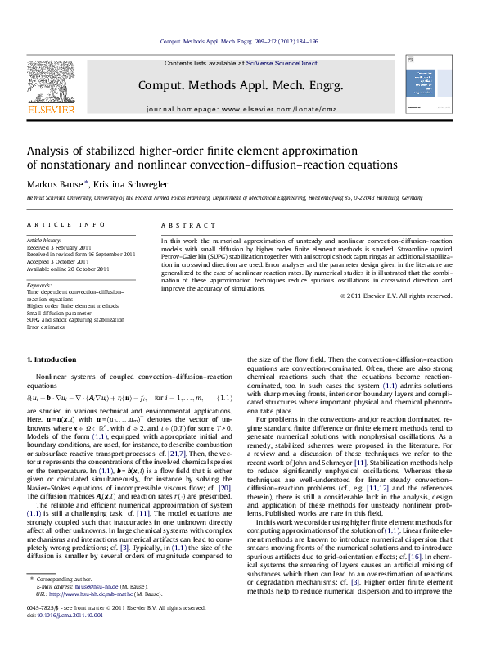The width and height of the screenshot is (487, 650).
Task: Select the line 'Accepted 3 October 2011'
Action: [62, 262]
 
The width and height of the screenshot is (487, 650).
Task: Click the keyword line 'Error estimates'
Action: [49, 327]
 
